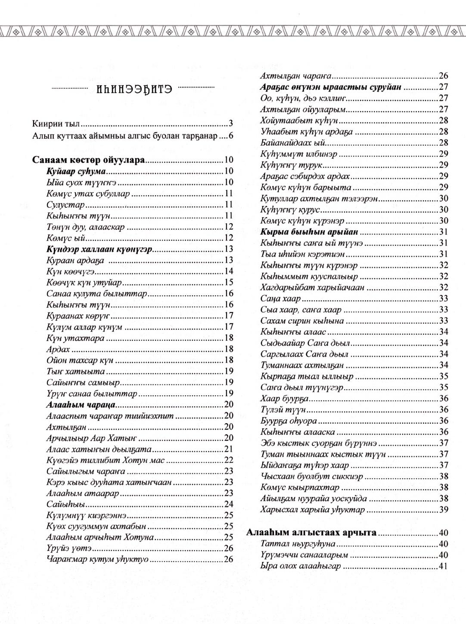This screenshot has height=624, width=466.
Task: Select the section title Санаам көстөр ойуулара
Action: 89,160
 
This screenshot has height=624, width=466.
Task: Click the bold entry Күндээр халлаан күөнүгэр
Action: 99,249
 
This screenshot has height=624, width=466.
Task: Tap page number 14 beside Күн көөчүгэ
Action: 229,271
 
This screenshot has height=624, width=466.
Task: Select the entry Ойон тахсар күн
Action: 80,360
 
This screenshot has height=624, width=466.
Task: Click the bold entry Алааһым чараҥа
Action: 81,405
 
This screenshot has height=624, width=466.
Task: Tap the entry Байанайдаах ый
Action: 293,143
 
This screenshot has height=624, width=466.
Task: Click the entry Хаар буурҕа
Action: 285,399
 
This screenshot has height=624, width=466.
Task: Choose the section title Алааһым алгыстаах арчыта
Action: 311,533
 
